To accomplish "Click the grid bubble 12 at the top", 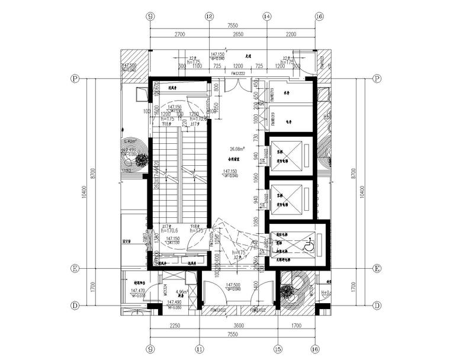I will (208, 17).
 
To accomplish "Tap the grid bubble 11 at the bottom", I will (200, 350).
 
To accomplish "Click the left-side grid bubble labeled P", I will (75, 78).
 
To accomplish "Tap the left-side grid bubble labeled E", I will (75, 269).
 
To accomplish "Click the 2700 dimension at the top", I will (179, 36).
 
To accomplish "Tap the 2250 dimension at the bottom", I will (175, 324).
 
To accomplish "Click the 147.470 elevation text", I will (138, 291).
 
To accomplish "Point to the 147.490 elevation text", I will (138, 303).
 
